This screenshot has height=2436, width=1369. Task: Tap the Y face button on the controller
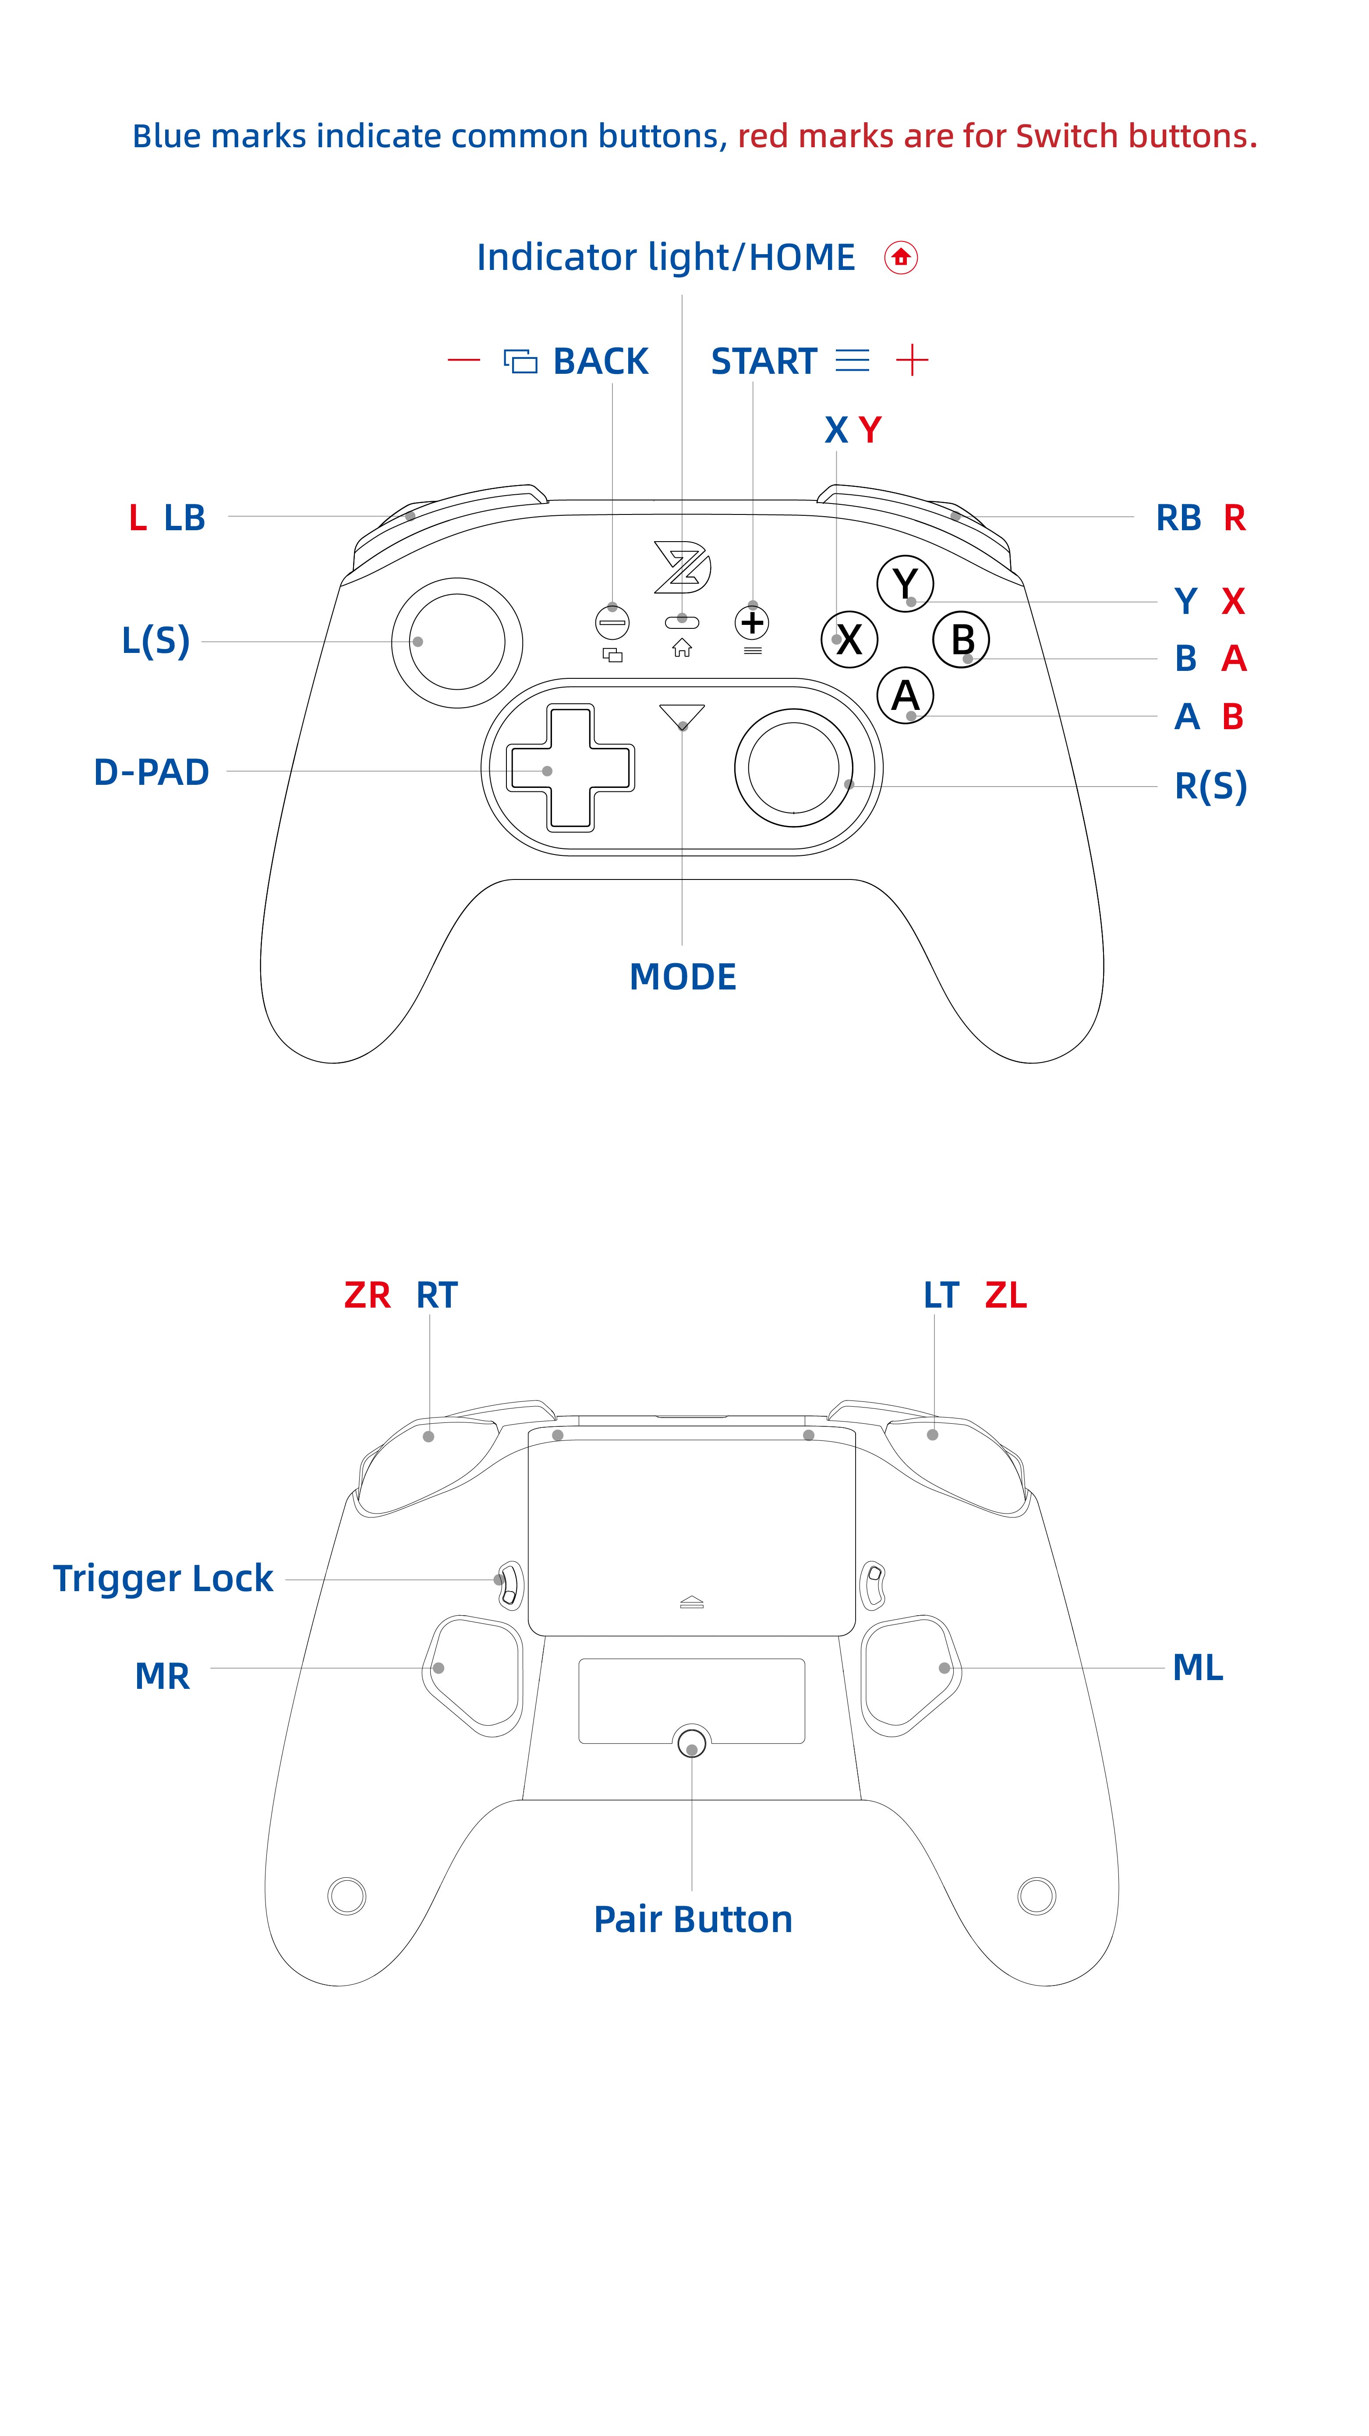tap(905, 583)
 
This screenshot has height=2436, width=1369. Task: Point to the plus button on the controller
tap(753, 622)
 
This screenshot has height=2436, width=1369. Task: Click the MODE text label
tap(683, 977)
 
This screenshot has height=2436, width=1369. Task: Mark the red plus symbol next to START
tap(913, 360)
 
